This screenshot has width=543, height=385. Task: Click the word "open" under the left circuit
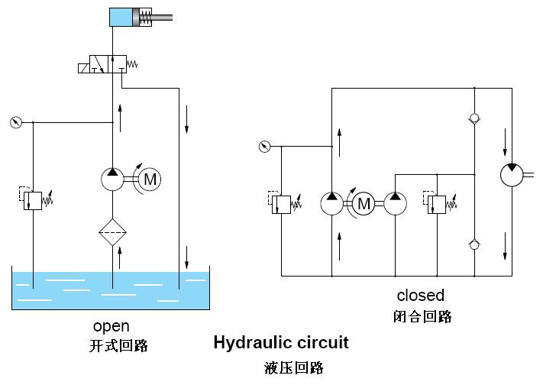coord(112,326)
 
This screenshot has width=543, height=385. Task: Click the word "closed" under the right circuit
coord(420,295)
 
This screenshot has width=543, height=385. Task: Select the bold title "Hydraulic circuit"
coord(280,342)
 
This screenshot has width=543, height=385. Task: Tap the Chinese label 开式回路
coord(118,346)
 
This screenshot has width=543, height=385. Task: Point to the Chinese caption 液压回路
coord(294,367)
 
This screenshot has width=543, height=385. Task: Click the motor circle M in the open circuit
coord(150,180)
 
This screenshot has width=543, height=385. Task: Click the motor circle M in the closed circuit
coord(364,203)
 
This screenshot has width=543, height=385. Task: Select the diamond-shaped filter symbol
coord(112,232)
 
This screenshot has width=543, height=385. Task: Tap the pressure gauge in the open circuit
coord(17,121)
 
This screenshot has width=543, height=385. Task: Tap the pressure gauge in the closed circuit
coord(264,147)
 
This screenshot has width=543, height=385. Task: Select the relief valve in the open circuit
coord(33,200)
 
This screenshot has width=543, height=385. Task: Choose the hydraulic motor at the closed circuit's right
coord(511,174)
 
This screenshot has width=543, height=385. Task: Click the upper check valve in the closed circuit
coord(475,119)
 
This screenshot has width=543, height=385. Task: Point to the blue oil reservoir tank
coord(111,290)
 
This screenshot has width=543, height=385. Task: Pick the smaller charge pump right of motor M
coord(395,203)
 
